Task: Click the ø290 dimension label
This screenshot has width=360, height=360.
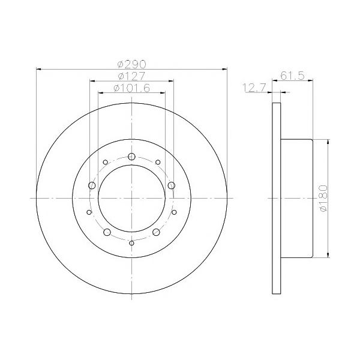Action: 131,65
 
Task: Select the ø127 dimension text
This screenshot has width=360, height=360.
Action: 131,76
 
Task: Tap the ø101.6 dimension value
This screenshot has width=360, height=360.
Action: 132,88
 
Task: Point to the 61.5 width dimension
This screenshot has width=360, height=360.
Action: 292,76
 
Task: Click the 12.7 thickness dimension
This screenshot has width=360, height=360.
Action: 254,88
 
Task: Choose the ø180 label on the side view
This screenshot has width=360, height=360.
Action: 323,199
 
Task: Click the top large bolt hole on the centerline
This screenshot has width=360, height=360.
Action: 131,157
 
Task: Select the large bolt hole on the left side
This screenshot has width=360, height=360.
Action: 92,185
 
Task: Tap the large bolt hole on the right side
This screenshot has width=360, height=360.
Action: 172,185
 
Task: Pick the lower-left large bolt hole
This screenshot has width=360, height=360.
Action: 107,232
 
